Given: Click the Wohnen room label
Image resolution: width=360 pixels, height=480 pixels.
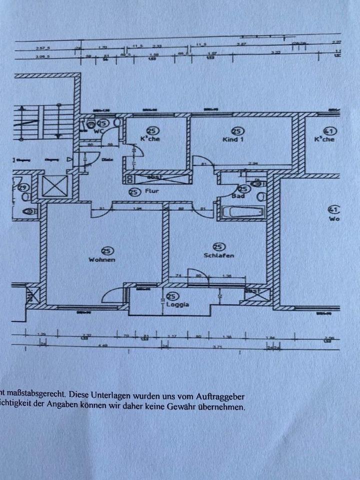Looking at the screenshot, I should coord(102,260).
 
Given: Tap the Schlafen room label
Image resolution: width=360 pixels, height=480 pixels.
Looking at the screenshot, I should coord(219,255).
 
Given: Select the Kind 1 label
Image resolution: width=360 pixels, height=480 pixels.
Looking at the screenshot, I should coord(233,139).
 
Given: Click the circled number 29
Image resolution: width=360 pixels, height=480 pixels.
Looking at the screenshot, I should coord(22,188).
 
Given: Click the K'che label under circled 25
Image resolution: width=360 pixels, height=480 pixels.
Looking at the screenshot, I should coord(150,139).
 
